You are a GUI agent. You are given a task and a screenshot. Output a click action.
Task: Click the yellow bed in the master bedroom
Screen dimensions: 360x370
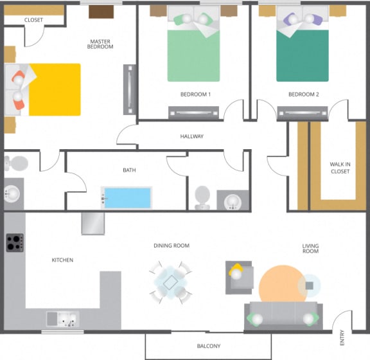click(x=51, y=89)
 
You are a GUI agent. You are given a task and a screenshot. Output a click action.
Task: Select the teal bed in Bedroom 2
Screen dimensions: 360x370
click(x=303, y=55)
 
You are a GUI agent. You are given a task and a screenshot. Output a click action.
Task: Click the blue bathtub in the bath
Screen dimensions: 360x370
click(x=127, y=197)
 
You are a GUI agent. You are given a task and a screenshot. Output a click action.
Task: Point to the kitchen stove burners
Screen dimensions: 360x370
click(x=14, y=243)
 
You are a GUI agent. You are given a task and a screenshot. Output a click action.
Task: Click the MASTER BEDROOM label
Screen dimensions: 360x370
click(x=101, y=44)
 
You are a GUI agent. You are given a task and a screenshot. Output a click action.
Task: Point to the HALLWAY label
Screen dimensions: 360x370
click(x=191, y=136)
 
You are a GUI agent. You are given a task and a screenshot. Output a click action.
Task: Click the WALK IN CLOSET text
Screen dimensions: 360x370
click(x=340, y=168)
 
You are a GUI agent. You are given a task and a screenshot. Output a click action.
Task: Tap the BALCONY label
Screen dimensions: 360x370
click(x=209, y=346)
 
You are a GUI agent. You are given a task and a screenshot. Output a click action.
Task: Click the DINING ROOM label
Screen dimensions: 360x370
click(x=172, y=246)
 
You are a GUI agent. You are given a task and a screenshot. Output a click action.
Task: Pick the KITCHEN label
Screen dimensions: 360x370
click(x=62, y=260)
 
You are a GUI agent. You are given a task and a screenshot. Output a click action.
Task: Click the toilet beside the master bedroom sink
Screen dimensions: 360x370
click(x=16, y=161)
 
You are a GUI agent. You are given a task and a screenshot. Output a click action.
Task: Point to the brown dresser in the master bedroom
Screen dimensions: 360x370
click(x=101, y=12)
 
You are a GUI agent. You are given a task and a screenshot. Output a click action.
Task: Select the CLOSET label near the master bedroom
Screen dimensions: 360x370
click(x=33, y=20)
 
